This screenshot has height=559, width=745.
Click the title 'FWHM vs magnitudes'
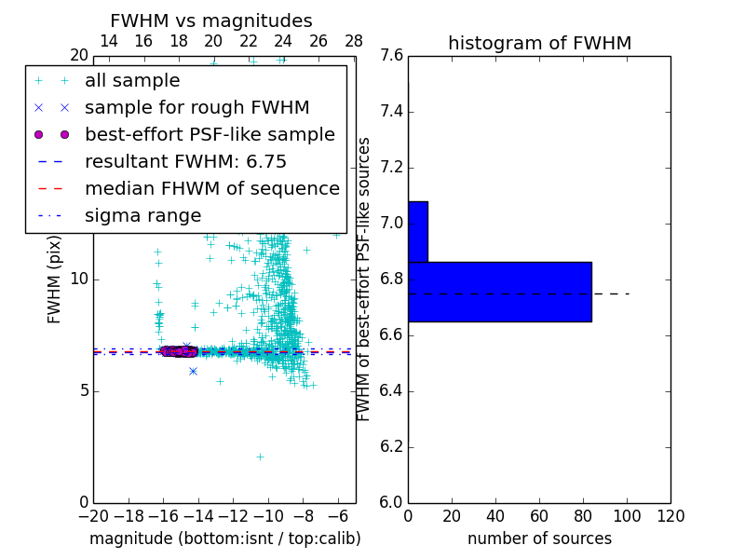pyautogui.click(x=211, y=20)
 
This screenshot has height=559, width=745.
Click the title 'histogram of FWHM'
pyautogui.click(x=539, y=43)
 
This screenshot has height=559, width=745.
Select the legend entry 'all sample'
pyautogui.click(x=132, y=81)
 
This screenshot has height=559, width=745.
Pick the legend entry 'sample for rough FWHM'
pyautogui.click(x=196, y=107)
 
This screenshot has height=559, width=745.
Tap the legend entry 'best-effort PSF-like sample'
pyautogui.click(x=210, y=134)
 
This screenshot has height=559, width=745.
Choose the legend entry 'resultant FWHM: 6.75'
pyautogui.click(x=185, y=161)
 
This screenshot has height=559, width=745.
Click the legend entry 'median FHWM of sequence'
pyautogui.click(x=211, y=188)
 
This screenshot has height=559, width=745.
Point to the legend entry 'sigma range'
pyautogui.click(x=142, y=215)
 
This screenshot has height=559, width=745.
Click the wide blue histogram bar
pyautogui.click(x=499, y=292)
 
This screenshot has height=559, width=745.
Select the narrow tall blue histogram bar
pyautogui.click(x=417, y=231)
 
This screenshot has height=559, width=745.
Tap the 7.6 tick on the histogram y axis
pyautogui.click(x=391, y=56)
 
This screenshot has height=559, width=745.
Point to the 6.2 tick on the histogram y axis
pyautogui.click(x=391, y=446)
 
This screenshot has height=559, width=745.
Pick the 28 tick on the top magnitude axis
pyautogui.click(x=354, y=41)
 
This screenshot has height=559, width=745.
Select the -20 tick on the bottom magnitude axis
pyautogui.click(x=93, y=516)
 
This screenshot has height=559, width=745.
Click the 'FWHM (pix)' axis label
pyautogui.click(x=55, y=280)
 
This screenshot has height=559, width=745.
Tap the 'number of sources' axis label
pyautogui.click(x=539, y=539)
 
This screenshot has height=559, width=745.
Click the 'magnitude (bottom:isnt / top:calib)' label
pyautogui.click(x=224, y=539)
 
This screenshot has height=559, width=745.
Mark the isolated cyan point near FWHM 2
pyautogui.click(x=260, y=457)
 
